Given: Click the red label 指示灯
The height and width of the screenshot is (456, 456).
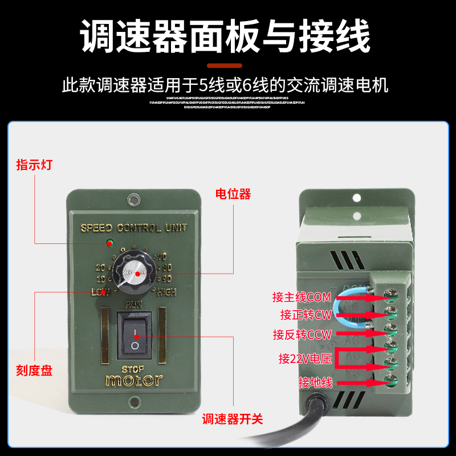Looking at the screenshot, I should pos(35,165).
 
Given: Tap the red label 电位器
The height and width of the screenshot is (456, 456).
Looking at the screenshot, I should pos(233,194).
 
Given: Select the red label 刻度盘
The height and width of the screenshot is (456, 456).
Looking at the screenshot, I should pos(35,370).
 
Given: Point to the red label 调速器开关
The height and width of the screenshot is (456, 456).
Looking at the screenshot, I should pos(233,420).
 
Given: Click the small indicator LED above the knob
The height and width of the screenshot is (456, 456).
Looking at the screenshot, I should pos(108,244).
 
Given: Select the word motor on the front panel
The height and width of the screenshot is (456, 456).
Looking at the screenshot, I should pos(135,380).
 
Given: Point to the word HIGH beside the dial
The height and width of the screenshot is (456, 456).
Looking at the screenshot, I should pos(166,292).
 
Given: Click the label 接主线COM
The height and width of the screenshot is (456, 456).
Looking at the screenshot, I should pos(302,297).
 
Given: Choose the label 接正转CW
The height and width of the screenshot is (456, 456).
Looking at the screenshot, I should pos(306,315).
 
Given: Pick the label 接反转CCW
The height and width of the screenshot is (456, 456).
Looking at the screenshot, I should pos(302,335).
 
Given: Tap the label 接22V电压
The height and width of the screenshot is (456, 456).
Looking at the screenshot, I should pos(301,359).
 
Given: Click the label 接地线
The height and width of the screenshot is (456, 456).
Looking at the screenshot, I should pos(315,382).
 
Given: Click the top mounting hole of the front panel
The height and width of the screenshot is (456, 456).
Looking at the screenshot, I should pos(134,200).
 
